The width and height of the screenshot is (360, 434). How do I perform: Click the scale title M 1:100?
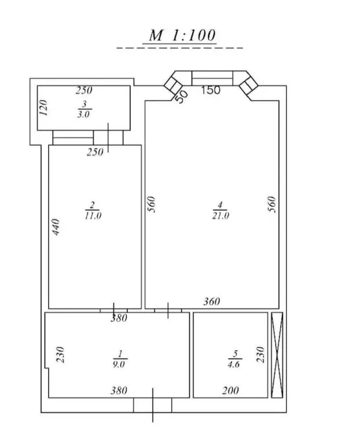click(182, 35)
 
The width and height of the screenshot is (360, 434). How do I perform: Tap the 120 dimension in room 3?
click(43, 108)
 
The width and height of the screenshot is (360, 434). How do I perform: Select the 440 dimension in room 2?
click(56, 227)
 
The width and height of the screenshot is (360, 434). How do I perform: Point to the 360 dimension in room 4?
click(212, 301)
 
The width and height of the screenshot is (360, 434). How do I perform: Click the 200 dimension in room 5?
click(230, 391)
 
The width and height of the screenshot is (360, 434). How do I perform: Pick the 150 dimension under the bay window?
click(211, 90)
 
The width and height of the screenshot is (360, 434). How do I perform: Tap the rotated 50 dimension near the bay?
click(182, 97)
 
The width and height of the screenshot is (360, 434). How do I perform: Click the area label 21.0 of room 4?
click(221, 215)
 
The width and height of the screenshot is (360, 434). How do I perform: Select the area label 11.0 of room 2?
click(93, 215)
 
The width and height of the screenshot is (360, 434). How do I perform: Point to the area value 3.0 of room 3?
click(83, 114)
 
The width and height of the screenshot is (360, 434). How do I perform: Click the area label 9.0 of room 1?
click(119, 364)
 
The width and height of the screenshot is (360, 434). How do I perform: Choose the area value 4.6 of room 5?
click(234, 364)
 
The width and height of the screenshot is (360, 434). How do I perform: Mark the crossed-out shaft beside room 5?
click(277, 355)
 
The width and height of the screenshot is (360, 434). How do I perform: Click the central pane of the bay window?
click(212, 78)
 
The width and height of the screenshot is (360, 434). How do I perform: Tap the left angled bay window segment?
click(173, 84)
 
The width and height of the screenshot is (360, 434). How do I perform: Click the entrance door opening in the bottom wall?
click(153, 405)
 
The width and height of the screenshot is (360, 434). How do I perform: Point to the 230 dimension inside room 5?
click(260, 355)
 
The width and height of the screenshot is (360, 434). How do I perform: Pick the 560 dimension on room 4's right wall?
click(272, 204)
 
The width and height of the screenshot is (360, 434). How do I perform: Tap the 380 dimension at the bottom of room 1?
click(119, 391)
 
